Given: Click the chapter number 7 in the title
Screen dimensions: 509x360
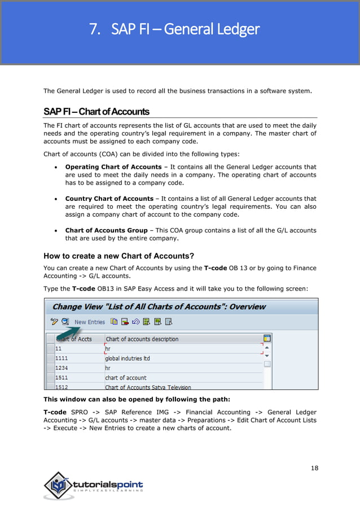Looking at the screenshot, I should point(94,29).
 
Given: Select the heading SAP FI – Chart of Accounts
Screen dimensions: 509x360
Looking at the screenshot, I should point(96,111).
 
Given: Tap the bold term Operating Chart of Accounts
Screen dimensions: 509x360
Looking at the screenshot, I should point(113,167).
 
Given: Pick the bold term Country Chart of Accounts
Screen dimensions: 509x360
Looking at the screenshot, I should point(109,199).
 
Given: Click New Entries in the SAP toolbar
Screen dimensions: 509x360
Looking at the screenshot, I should point(90,322).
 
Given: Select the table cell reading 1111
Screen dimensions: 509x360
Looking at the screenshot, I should point(62,358).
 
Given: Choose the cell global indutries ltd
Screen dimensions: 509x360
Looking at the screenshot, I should point(128,358).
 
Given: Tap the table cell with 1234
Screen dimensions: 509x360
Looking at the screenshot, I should point(62,368).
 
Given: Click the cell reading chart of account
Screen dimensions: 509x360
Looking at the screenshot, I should point(126,378).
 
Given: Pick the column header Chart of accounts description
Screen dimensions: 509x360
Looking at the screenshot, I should point(142,339).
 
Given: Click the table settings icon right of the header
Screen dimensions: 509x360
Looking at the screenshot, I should point(267,338).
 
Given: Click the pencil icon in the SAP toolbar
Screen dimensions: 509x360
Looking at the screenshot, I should point(54,322).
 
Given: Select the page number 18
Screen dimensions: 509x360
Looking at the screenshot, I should point(314,468).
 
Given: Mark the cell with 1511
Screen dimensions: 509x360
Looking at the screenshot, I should point(62,378).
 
